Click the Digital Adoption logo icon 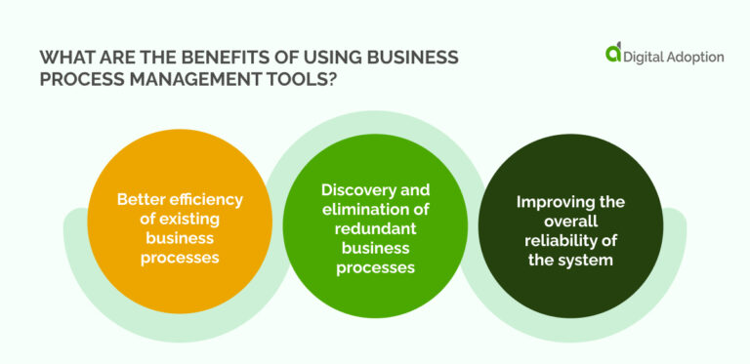point(612,55)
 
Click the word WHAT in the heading point(63,57)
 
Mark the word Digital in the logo point(648,57)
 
